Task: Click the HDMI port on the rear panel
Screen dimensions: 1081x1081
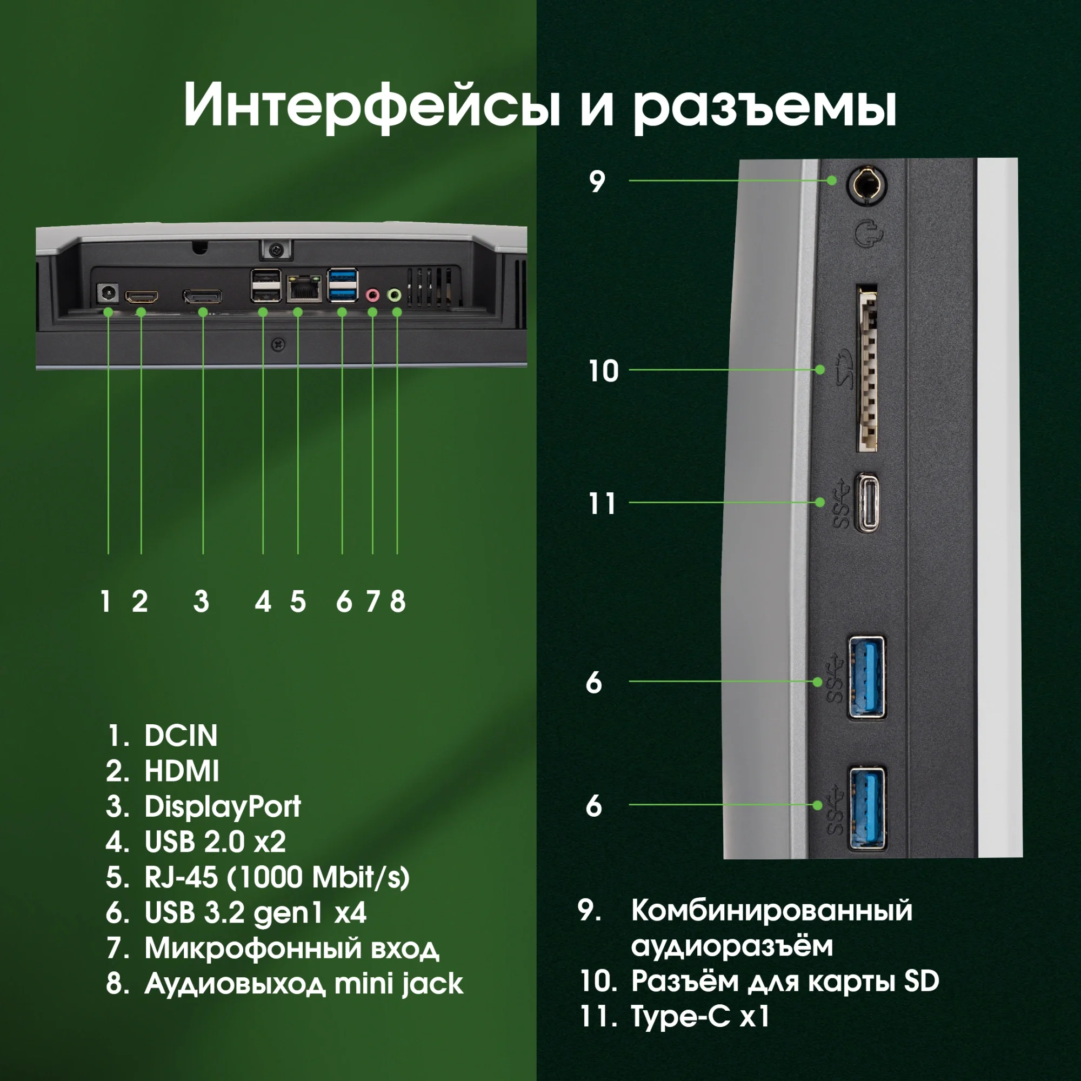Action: click(141, 296)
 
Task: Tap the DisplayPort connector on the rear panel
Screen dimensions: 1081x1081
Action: click(202, 296)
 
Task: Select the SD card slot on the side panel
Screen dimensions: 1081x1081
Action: click(867, 369)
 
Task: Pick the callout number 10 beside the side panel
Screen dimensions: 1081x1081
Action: click(603, 371)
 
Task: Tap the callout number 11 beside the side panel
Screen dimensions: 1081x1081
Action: click(602, 504)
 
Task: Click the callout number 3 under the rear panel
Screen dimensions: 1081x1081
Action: click(202, 602)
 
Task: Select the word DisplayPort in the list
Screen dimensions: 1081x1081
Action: click(223, 806)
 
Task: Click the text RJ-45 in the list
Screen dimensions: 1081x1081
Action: click(181, 877)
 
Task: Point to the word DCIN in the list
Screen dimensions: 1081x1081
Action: click(181, 735)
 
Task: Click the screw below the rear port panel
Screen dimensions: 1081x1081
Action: click(278, 345)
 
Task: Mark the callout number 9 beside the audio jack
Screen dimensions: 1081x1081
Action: click(597, 181)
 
